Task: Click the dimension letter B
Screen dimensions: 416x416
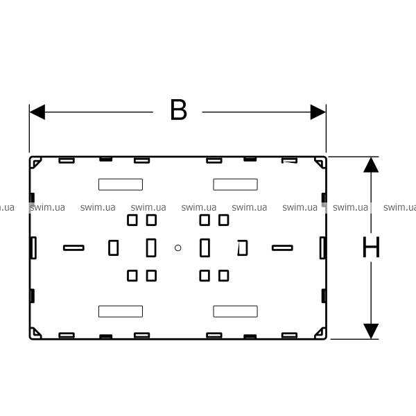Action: (178, 111)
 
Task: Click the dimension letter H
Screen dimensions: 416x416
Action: (372, 248)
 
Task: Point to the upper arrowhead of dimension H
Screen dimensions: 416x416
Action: (372, 165)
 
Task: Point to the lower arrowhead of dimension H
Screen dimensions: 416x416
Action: (372, 331)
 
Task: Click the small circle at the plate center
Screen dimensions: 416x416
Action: (178, 248)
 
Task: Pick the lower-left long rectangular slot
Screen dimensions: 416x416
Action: (120, 311)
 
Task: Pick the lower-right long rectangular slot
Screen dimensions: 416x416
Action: (235, 311)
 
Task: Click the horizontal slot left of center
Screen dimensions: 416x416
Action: (73, 248)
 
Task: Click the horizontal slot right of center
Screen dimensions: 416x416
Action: (282, 248)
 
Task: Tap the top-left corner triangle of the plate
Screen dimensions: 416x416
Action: (36, 162)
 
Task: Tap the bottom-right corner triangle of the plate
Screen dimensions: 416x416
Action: (320, 333)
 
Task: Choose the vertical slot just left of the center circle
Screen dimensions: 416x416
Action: (151, 248)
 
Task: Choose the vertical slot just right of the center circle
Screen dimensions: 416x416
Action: (205, 248)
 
